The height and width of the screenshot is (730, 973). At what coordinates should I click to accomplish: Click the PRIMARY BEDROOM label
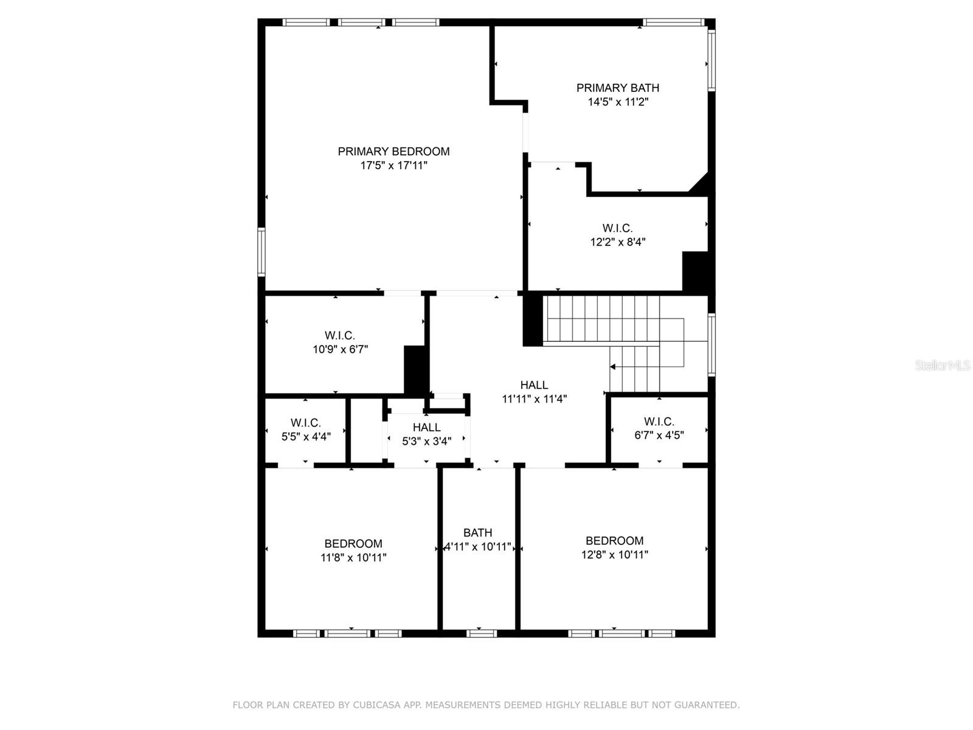pyautogui.click(x=393, y=151)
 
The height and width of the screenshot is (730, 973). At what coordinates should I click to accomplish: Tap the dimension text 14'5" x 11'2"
pyautogui.click(x=618, y=102)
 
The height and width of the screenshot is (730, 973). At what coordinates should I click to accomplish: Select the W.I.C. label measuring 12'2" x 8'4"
pyautogui.click(x=617, y=228)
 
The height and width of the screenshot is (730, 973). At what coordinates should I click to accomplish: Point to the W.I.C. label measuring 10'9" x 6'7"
pyautogui.click(x=339, y=335)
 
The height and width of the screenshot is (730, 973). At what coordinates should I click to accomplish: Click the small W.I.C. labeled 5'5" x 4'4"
pyautogui.click(x=305, y=423)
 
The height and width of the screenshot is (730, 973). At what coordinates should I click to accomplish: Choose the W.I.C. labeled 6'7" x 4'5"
pyautogui.click(x=659, y=422)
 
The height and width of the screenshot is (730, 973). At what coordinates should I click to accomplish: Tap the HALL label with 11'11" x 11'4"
pyautogui.click(x=534, y=385)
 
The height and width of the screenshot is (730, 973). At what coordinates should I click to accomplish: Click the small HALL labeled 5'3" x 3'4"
pyautogui.click(x=426, y=428)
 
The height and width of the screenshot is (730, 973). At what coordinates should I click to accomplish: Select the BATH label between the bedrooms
pyautogui.click(x=477, y=533)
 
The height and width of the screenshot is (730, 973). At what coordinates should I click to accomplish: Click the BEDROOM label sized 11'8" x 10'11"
pyautogui.click(x=353, y=544)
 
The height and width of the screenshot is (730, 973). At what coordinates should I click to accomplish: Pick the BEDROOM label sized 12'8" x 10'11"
pyautogui.click(x=614, y=541)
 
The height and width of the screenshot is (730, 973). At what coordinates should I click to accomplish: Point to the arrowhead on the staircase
pyautogui.click(x=613, y=367)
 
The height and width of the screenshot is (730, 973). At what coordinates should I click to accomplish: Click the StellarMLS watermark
pyautogui.click(x=942, y=366)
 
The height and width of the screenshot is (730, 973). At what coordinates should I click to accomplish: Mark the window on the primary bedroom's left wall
pyautogui.click(x=261, y=251)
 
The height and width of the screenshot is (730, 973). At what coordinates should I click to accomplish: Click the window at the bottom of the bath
pyautogui.click(x=481, y=633)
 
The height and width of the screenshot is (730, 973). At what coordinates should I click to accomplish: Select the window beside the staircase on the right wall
pyautogui.click(x=711, y=344)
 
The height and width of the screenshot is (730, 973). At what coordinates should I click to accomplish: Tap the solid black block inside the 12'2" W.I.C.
pyautogui.click(x=694, y=271)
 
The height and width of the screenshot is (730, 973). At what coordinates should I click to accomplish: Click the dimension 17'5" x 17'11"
pyautogui.click(x=393, y=165)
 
